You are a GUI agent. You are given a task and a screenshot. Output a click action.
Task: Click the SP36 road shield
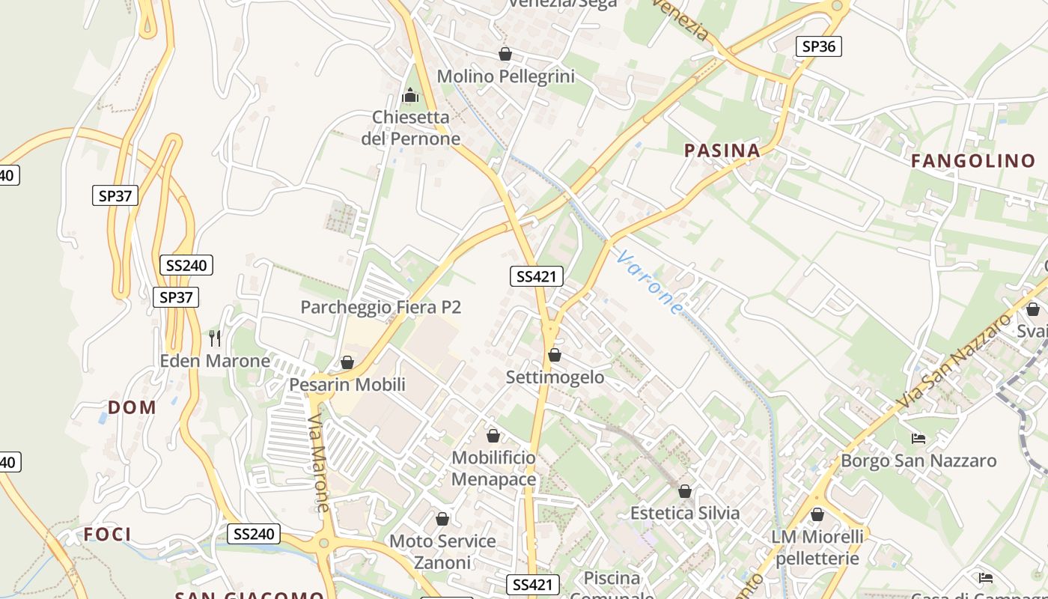818,46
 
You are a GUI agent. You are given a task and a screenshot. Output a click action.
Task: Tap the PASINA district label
722,150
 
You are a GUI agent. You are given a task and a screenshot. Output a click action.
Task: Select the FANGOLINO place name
973,160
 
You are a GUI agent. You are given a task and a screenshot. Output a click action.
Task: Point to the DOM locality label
132,407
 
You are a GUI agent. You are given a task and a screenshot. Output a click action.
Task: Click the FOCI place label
108,534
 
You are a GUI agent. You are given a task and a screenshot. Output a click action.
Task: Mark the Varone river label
651,282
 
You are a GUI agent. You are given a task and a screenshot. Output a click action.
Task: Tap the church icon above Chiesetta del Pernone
410,95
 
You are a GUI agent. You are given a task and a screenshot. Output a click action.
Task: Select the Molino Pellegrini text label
505,76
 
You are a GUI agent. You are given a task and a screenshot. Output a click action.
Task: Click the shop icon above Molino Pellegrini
505,54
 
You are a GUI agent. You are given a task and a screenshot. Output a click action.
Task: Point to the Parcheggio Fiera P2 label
380,307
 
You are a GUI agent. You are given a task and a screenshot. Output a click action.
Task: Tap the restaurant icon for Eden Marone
215,338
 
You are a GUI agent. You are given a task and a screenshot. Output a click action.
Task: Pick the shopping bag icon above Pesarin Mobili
347,362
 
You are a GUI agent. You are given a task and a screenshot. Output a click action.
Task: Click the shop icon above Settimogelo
555,355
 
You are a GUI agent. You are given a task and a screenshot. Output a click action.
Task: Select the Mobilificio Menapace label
494,469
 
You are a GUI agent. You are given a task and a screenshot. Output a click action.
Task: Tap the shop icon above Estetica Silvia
685,491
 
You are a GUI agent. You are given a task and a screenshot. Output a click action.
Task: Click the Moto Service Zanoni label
442,551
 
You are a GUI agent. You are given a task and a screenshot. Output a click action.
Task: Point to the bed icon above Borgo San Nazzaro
918,438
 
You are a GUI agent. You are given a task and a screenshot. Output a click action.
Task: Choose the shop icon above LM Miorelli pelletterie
817,514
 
